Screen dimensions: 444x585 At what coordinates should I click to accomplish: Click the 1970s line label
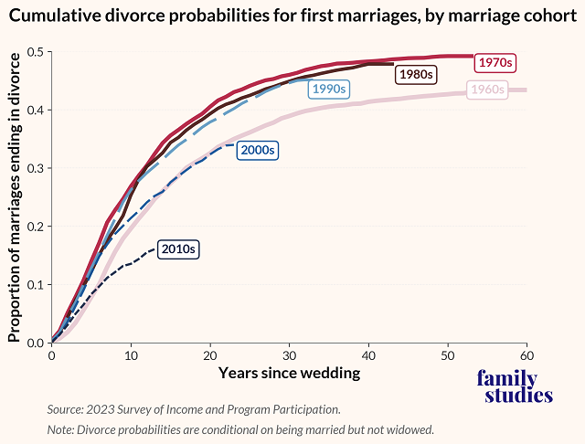click(x=496, y=63)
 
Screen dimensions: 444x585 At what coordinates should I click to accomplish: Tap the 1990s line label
click(x=328, y=90)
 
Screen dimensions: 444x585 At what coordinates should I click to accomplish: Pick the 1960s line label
click(x=488, y=90)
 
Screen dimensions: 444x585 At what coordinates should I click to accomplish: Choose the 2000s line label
click(x=257, y=150)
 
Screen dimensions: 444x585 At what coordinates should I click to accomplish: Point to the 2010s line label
click(x=178, y=248)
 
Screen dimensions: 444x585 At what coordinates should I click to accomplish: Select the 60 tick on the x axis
click(x=526, y=354)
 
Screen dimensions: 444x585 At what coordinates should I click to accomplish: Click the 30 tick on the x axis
click(x=289, y=354)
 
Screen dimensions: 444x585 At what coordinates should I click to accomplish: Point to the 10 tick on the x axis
click(x=131, y=354)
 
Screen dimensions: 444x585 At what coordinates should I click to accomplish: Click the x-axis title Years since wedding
click(x=289, y=373)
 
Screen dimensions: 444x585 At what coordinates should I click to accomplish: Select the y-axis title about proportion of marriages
click(x=14, y=196)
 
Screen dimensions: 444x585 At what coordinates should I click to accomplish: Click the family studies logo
click(x=515, y=387)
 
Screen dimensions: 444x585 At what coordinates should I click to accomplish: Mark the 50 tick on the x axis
click(x=447, y=354)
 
